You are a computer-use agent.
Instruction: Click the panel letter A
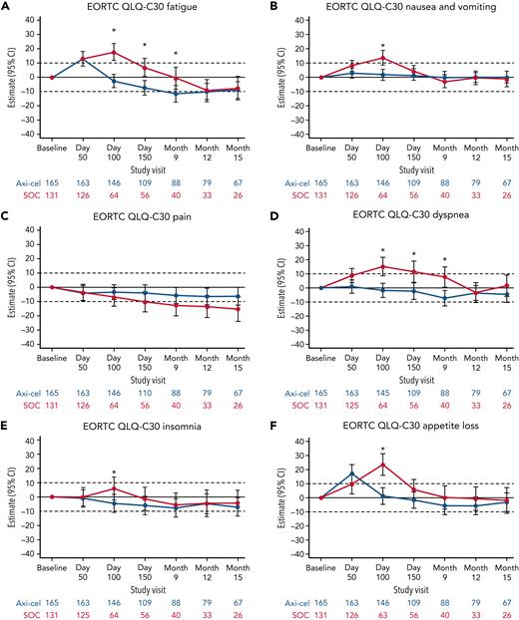(6, 7)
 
